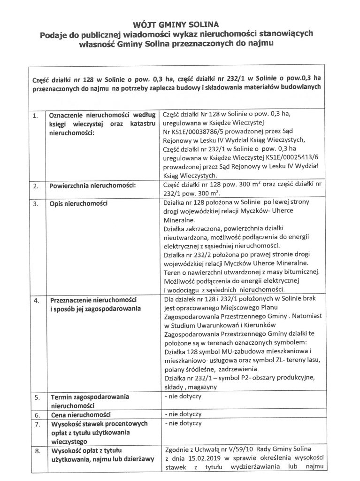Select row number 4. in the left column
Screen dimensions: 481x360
34,300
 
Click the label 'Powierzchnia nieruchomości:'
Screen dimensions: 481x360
92,186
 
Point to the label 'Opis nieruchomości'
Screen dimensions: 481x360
78,203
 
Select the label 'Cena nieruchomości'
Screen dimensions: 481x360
80,415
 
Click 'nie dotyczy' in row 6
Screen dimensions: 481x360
183,414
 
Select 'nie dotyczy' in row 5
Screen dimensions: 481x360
183,396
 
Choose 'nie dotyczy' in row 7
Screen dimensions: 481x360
183,423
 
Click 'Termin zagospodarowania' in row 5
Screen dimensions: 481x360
89,397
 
